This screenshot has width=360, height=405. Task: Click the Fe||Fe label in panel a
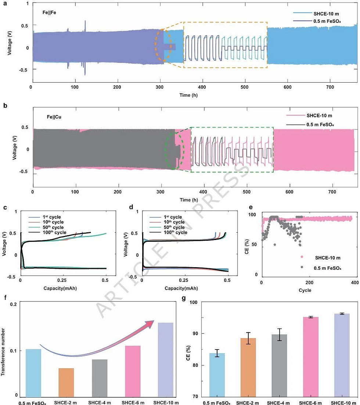[x=48, y=12]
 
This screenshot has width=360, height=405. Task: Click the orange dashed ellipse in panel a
[x=162, y=45]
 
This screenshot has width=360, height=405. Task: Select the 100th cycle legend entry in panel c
[x=51, y=233]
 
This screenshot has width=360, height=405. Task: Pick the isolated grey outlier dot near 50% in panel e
[x=275, y=244]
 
